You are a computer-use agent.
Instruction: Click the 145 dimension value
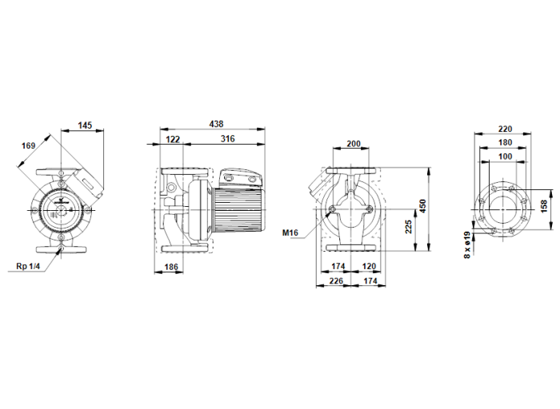click(86, 125)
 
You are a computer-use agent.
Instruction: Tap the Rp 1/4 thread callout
click(28, 266)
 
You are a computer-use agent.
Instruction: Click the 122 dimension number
click(172, 139)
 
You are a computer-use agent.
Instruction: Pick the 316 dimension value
click(228, 139)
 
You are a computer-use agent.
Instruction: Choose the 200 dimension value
click(353, 144)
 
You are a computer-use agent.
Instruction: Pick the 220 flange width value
click(504, 128)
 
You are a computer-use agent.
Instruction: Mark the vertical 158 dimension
click(545, 205)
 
